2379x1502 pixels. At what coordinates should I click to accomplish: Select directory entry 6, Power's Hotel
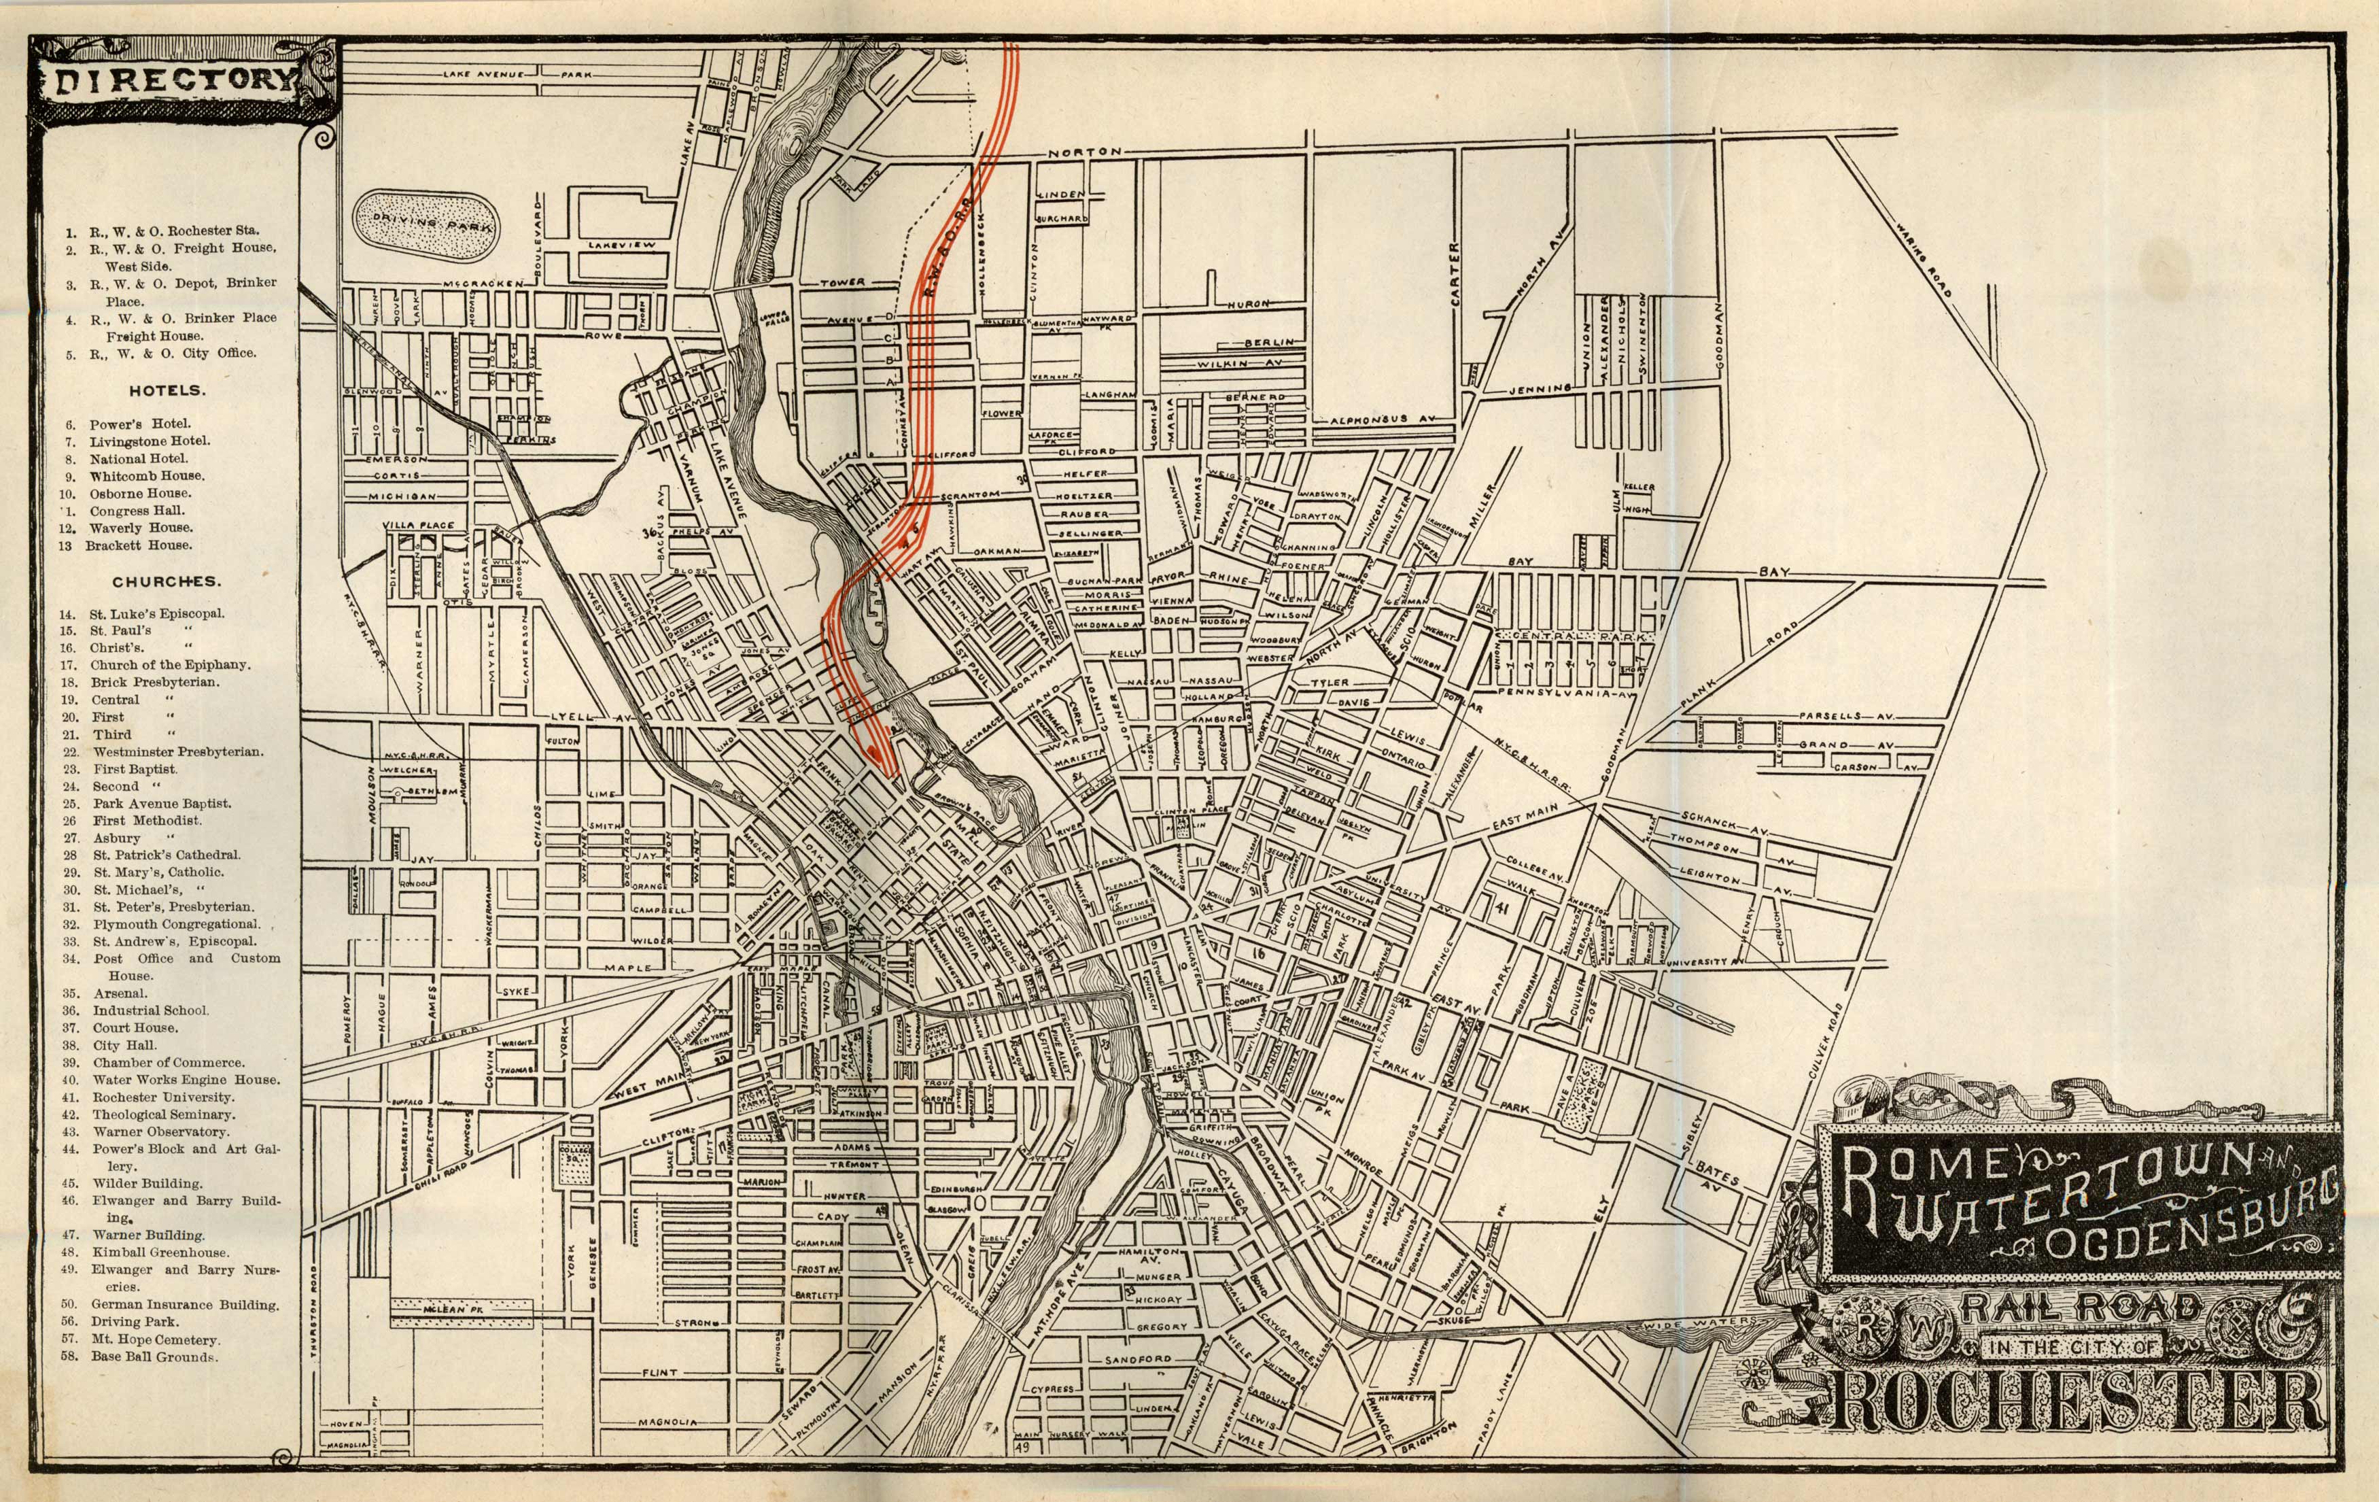139,424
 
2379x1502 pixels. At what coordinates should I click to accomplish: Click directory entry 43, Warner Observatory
160,1131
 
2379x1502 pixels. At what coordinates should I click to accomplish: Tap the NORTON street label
1085,153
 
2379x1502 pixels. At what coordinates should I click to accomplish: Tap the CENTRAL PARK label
1571,637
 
